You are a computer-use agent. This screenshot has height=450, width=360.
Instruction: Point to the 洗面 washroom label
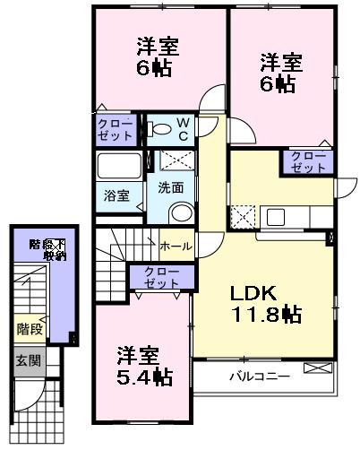(171, 188)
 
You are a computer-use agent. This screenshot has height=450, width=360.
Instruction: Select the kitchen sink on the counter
(275, 216)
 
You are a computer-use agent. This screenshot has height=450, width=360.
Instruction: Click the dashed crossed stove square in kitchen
(243, 216)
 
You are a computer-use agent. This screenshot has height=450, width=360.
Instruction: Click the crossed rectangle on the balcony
(317, 368)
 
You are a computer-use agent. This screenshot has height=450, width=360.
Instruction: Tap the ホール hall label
(175, 245)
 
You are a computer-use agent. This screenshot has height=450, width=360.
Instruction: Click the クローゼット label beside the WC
(116, 129)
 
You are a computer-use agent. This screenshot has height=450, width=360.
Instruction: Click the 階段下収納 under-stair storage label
(47, 249)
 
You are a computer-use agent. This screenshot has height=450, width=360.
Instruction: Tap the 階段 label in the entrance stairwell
(30, 329)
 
